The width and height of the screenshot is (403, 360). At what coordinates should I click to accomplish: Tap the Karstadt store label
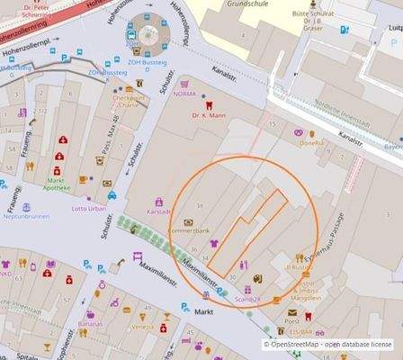(x=159, y=213)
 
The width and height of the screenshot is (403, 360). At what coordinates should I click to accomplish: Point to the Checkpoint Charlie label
(x=130, y=102)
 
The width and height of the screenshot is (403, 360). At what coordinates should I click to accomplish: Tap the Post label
(x=291, y=321)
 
